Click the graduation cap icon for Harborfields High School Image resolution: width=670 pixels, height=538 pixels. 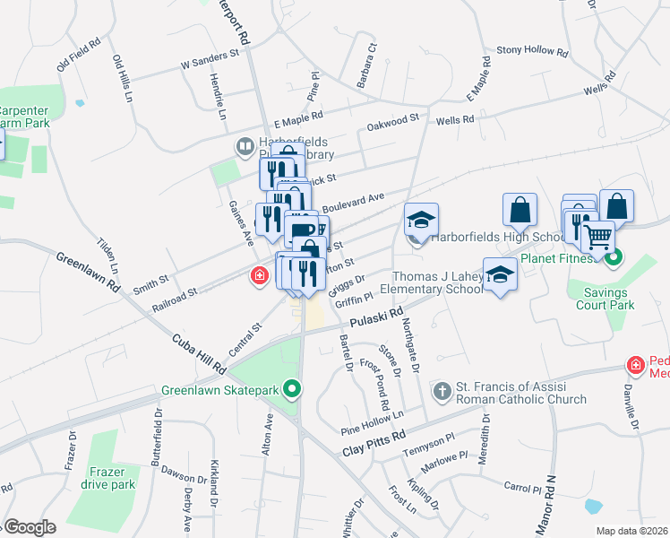pyautogui.click(x=420, y=220)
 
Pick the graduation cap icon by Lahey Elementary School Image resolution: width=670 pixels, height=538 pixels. pyautogui.click(x=500, y=274)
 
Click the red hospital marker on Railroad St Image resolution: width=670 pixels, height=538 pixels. pyautogui.click(x=260, y=275)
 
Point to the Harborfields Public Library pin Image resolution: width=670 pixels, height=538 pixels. pyautogui.click(x=244, y=145)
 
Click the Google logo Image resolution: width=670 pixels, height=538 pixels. pyautogui.click(x=30, y=527)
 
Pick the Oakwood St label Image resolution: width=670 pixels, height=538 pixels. pyautogui.click(x=393, y=119)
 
